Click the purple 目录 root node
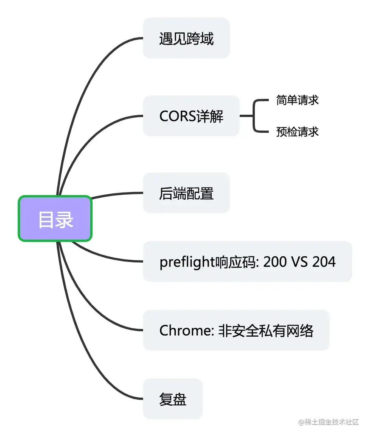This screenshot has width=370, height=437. click(55, 219)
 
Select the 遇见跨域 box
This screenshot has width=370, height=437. click(186, 38)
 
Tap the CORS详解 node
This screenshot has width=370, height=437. click(191, 116)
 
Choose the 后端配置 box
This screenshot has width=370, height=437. click(186, 193)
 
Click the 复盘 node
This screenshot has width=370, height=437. click(173, 399)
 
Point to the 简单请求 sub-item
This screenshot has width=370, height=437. click(298, 100)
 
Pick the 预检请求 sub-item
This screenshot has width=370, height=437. click(298, 132)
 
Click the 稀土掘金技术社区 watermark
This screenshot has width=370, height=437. click(328, 422)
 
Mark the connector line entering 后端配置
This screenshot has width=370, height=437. click(117, 194)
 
